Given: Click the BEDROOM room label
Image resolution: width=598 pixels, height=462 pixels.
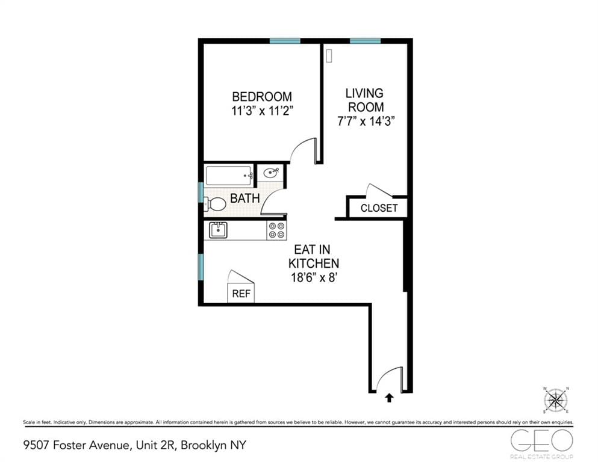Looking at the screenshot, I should pos(262,96).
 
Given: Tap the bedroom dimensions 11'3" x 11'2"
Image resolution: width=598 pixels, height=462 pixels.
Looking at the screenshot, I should pos(262,110).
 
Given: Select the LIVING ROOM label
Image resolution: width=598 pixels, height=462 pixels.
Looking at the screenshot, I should pos(364,100).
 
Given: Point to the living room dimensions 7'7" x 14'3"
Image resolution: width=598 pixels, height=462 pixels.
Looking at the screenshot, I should pos(366,120).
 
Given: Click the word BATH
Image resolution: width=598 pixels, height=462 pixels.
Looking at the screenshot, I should pos(244,198).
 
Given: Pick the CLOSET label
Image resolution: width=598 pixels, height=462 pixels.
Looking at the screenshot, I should pos(379,208).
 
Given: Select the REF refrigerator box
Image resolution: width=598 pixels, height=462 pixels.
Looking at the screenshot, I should pos(241,294).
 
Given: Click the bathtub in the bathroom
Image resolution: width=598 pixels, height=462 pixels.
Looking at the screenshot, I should pos(229,176).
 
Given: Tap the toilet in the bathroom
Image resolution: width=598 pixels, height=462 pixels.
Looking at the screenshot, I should pos(215,205).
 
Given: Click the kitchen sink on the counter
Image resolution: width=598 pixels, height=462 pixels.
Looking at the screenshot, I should pos(217,230).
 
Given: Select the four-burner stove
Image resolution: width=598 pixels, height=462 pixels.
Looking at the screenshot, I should pos(276,230).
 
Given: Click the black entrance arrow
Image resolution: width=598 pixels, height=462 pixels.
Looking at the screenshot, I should pos(389,397).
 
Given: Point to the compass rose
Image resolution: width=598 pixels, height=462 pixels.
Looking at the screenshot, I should pos(556,400).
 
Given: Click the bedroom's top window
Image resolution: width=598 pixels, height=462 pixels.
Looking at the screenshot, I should pos(284,41).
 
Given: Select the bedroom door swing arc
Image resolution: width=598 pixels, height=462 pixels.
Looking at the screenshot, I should pos(304,149).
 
